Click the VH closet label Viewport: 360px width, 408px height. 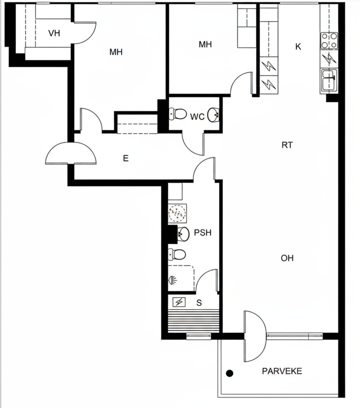pos(54,33)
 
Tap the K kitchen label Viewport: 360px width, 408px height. pos(298,46)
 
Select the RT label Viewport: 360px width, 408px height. pos(287,145)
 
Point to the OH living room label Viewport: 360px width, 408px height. pos(287,258)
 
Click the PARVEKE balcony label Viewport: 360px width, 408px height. pos(282,371)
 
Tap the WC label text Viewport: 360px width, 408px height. pos(197,117)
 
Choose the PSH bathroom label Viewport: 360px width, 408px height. pos(202,232)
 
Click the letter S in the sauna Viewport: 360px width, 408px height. pos(199,303)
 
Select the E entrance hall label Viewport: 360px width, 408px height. pos(126,158)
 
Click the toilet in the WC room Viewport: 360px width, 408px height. pos(178,114)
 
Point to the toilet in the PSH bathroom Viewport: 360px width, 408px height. pos(177,255)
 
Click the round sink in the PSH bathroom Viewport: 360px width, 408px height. pos(183,234)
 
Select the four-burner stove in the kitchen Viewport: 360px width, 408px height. pos(329,40)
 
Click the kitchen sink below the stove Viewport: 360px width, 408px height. pos(329,80)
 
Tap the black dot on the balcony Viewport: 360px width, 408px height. pos(229,373)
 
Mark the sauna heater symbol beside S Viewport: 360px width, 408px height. pos(179,302)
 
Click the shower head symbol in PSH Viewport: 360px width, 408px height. pos(173,280)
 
